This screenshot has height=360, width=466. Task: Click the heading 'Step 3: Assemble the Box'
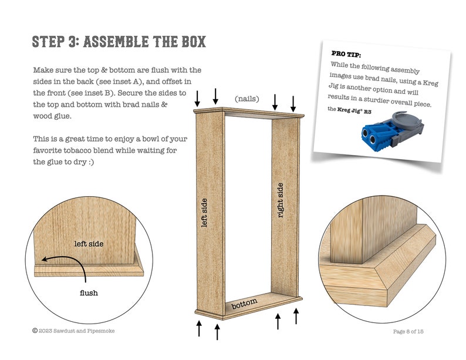119,42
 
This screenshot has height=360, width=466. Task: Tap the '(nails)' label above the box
247,99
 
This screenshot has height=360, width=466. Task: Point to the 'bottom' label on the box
244,305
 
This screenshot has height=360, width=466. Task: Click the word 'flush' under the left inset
88,292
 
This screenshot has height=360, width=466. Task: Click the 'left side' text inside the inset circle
89,243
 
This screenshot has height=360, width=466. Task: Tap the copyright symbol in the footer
35,331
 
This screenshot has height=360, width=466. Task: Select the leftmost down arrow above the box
198,97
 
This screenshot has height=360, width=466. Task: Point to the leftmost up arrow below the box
199,328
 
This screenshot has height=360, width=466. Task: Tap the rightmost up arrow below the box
296,316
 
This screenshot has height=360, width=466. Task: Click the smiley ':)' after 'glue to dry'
94,162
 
